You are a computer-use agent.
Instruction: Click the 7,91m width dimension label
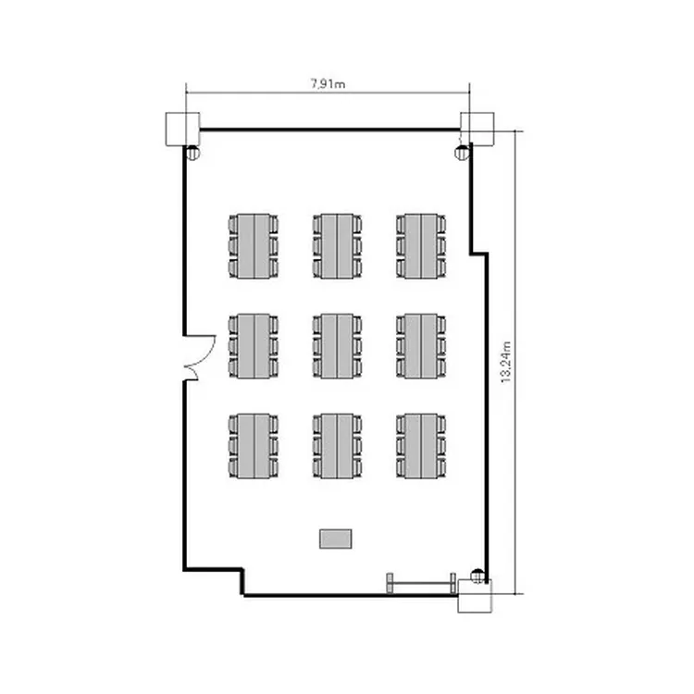pos(328,83)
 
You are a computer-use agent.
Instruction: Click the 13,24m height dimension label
pos(506,362)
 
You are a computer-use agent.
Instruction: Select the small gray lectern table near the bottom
pos(336,539)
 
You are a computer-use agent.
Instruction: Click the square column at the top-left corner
pos(182,130)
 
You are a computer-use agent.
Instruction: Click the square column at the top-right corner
pos(477,129)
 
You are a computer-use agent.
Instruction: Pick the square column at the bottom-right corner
pos(475,596)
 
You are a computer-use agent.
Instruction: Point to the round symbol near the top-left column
pos(193,153)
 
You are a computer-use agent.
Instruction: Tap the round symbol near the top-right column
pos(461,153)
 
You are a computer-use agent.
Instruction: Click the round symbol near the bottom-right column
pos(477,576)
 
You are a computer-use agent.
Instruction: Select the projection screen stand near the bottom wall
pos(421,583)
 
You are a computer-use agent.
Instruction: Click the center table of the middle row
pos(337,346)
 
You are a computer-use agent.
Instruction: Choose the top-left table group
pos(254,246)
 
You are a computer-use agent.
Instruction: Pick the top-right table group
pos(421,246)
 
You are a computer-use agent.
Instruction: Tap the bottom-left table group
pos(254,446)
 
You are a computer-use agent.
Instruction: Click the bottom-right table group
pos(421,446)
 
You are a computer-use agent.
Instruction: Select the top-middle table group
pos(337,246)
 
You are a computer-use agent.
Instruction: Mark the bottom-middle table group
pos(337,446)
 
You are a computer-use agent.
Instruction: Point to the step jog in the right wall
pos(479,254)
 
